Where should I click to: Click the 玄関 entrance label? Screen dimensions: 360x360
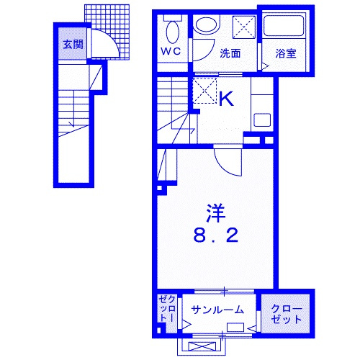(73, 45)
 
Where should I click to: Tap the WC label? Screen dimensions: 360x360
(171, 51)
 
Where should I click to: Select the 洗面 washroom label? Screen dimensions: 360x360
(230, 53)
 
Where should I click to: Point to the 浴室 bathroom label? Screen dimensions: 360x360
(286, 53)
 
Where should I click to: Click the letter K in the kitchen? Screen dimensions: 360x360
(226, 99)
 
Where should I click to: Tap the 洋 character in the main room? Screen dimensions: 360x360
(216, 213)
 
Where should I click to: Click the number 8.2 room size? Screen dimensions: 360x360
(215, 235)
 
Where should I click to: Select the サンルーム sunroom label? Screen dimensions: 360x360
(217, 310)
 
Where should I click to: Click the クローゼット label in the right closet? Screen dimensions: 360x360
(287, 315)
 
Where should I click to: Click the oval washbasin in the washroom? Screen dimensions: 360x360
(207, 24)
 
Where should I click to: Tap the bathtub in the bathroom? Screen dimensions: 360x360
(284, 26)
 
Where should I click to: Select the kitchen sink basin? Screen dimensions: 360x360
(263, 120)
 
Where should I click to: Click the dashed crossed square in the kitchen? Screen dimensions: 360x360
(204, 91)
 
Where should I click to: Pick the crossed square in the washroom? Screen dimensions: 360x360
(243, 27)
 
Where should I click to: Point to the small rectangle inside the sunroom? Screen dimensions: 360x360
(235, 328)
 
